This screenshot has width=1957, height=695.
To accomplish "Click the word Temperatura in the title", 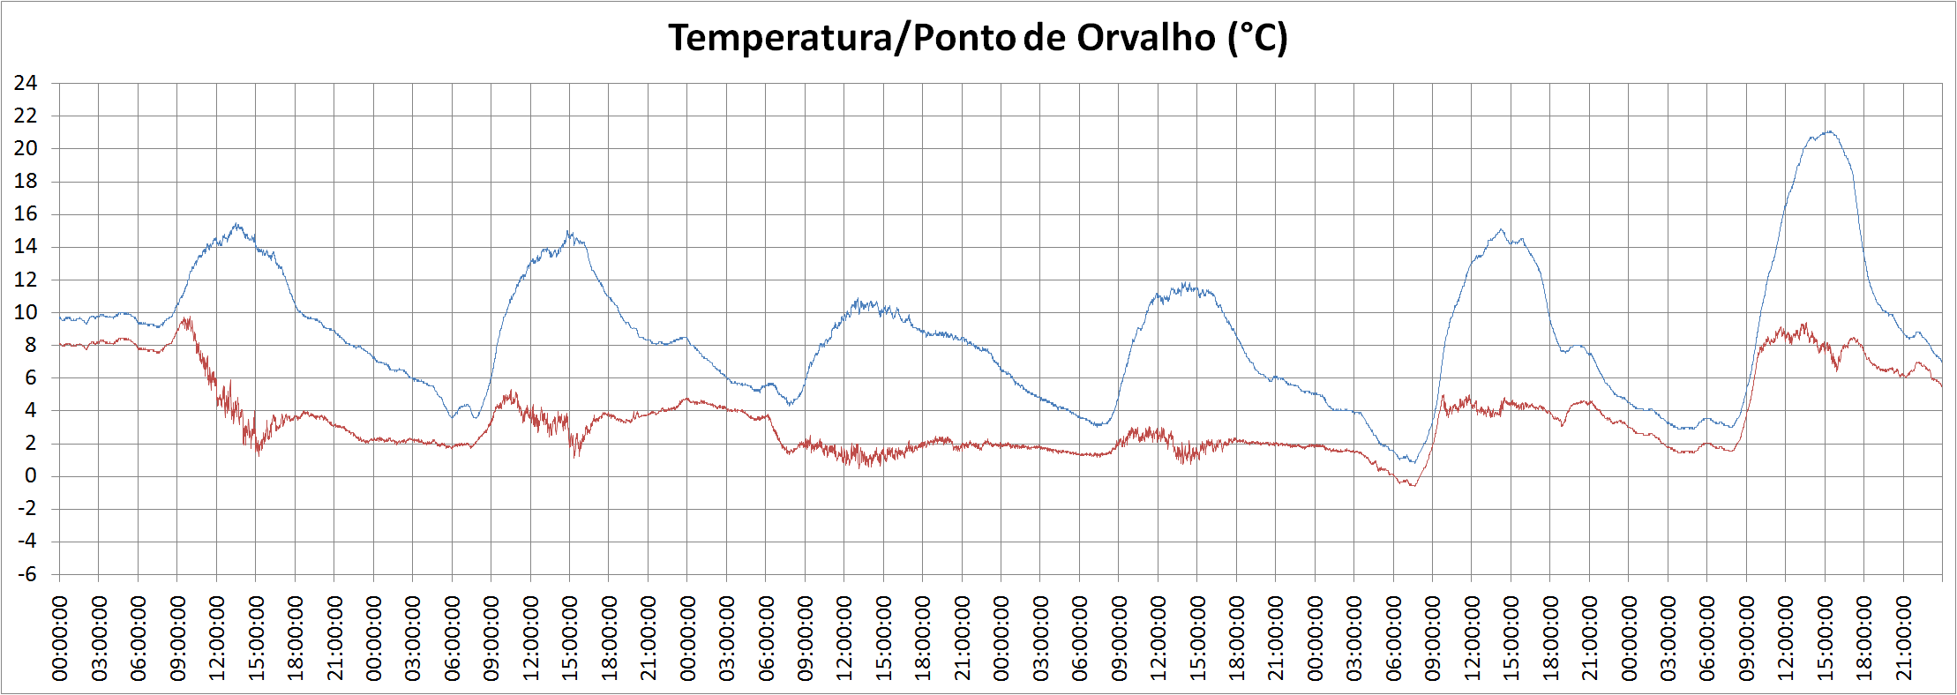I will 779,38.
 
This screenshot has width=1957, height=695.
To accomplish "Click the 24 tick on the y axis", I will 26,84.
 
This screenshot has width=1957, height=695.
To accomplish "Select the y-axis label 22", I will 26,116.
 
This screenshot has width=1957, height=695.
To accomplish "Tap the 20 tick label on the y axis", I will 26,149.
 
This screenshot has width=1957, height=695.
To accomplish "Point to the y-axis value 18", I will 26,182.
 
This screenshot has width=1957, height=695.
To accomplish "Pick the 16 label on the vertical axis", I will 26,214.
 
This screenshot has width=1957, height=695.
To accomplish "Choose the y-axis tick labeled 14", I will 26,247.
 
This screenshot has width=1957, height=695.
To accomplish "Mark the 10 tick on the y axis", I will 26,312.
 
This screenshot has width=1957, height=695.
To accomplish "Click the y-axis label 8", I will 31,345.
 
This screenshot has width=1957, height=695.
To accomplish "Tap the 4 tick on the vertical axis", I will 31,411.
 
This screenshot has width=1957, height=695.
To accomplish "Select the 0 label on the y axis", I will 31,476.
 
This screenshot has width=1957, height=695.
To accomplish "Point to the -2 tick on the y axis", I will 27,509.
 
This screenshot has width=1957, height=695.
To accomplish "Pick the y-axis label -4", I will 27,542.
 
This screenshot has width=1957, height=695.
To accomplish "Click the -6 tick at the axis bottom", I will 27,574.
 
